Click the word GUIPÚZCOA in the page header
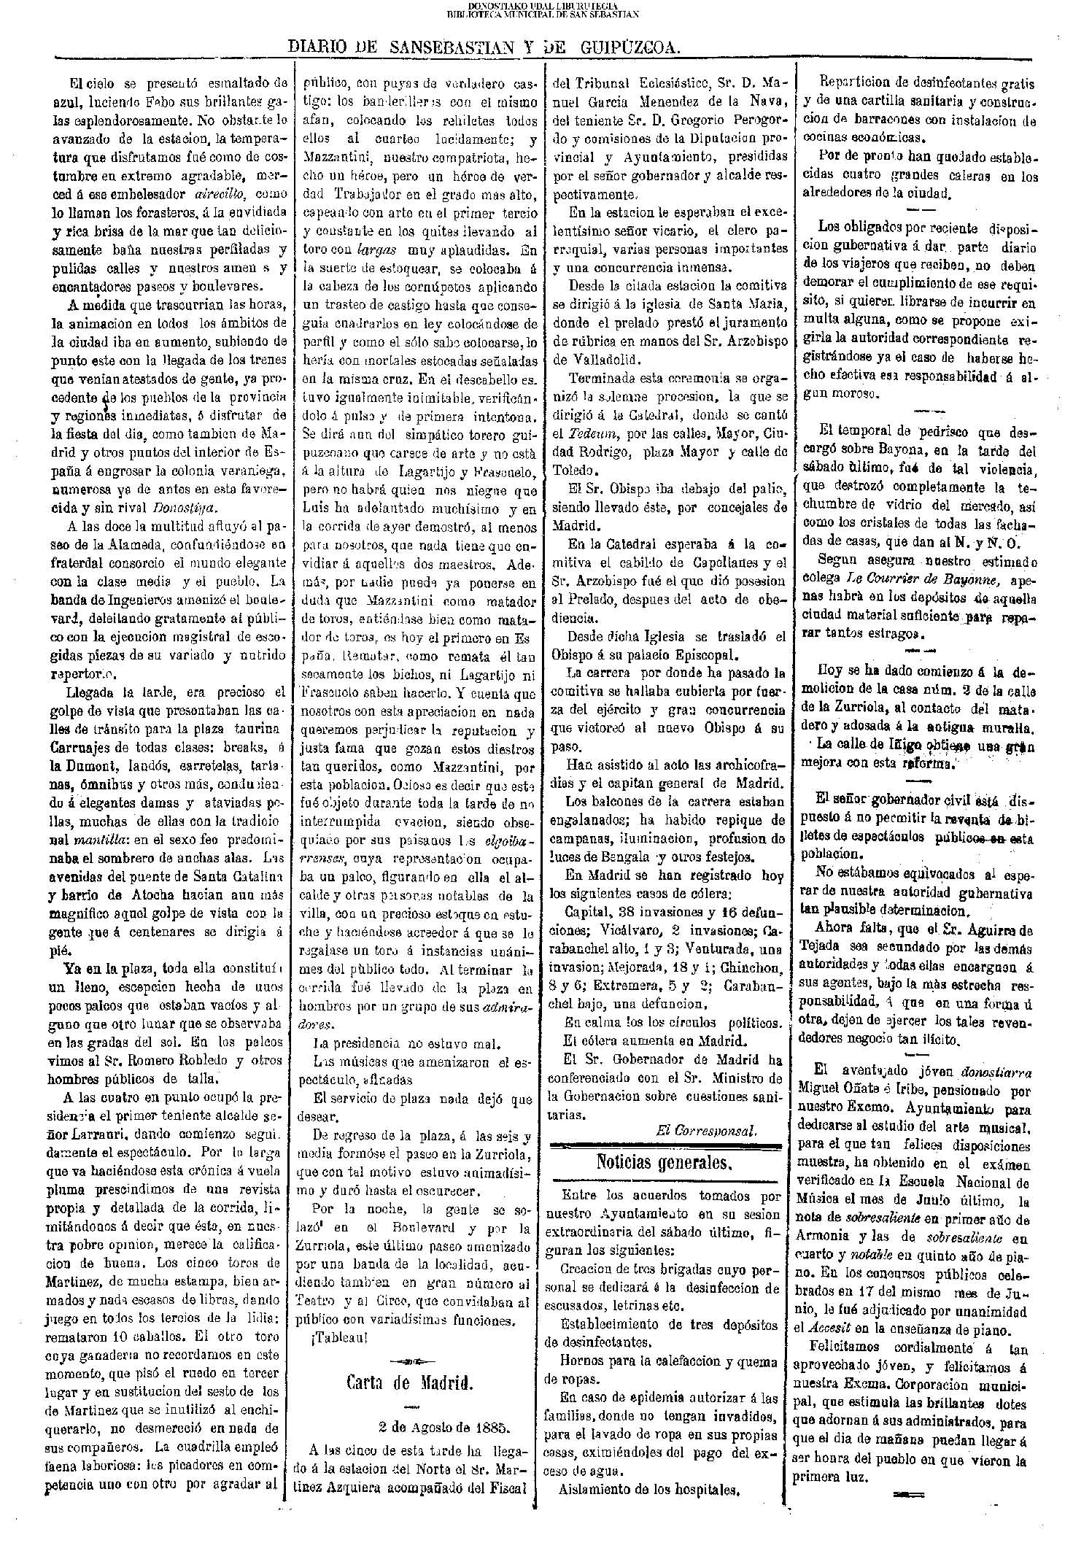point(630,48)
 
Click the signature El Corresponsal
point(705,1129)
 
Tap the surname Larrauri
point(98,1135)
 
